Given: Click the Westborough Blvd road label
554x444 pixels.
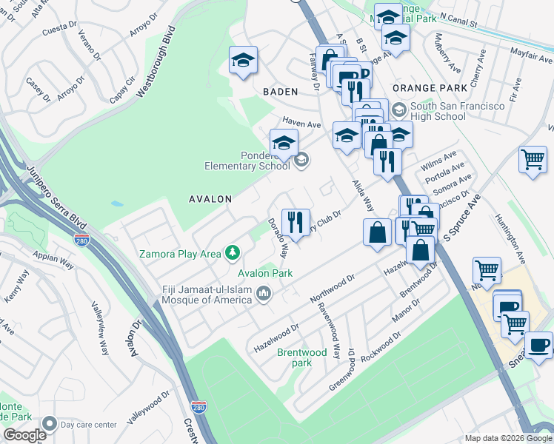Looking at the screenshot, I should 155,62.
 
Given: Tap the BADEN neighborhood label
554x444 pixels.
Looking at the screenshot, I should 280,92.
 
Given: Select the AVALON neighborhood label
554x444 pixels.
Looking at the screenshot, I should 210,199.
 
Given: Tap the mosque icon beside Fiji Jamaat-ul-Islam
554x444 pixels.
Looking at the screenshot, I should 264,296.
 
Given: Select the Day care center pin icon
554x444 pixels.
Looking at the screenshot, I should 50,424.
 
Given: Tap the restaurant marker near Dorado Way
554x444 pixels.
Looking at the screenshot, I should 296,221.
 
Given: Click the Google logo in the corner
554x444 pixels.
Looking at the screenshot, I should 24,435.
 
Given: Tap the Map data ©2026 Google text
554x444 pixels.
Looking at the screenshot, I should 507,438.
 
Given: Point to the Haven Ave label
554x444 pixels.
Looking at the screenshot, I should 300,123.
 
